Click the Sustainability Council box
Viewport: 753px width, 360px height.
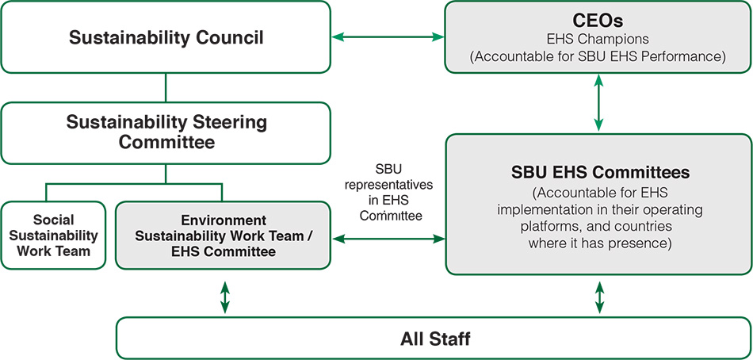[x=166, y=37]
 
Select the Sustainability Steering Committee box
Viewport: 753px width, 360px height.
[x=166, y=132]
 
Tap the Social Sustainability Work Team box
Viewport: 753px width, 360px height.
[x=53, y=236]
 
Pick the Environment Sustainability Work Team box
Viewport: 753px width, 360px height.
[x=223, y=236]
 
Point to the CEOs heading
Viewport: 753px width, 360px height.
[x=598, y=18]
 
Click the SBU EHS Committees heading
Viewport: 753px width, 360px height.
[x=598, y=172]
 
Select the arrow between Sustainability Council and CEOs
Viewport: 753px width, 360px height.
[x=388, y=36]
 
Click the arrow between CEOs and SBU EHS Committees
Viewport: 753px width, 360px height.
[x=598, y=102]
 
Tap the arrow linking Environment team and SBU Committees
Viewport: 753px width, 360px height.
[x=388, y=237]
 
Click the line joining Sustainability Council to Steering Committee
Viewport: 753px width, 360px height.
[x=166, y=87]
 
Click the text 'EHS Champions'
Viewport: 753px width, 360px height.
[x=598, y=38]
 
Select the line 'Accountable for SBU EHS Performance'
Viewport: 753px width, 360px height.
[x=598, y=56]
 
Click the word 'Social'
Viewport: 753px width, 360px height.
[x=53, y=219]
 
